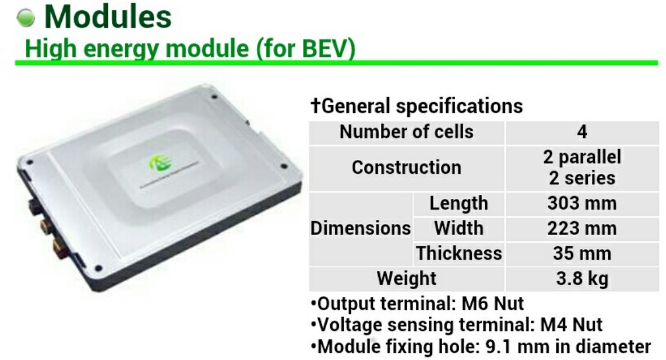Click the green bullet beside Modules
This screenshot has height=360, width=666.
[x=26, y=18]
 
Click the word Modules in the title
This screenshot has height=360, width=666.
[x=108, y=17]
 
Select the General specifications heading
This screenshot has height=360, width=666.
[x=416, y=106]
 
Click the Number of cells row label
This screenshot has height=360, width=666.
[x=407, y=132]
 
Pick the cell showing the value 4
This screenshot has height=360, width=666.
[x=582, y=132]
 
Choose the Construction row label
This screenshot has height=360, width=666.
[x=407, y=167]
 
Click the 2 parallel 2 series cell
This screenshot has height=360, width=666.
[x=582, y=167]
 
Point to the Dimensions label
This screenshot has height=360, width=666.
[x=360, y=228]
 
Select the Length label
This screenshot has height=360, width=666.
[x=459, y=203]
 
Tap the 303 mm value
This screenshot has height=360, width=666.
[x=582, y=203]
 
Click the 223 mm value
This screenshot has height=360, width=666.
[x=582, y=228]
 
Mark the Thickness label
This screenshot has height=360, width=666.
[x=459, y=253]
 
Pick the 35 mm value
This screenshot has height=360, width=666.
[x=582, y=254]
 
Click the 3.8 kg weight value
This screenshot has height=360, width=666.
[x=582, y=279]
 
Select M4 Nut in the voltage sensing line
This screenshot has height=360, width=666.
[x=571, y=325]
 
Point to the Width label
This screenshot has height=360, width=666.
[x=459, y=228]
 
